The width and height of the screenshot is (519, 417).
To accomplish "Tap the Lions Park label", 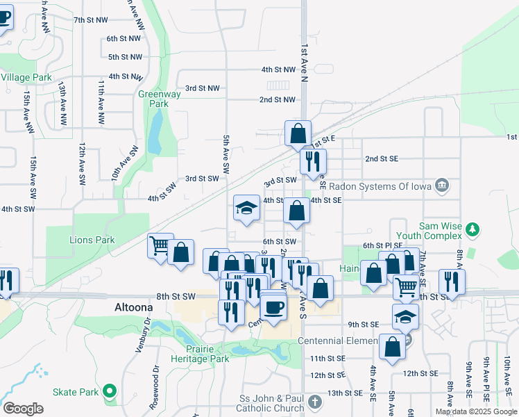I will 92,240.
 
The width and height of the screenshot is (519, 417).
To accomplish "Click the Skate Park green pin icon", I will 109,392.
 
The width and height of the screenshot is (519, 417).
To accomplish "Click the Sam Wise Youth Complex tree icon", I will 472,229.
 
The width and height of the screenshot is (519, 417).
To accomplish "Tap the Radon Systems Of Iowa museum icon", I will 441,186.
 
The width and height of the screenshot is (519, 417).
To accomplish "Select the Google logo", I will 23,408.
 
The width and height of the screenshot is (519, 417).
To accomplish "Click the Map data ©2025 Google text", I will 476,411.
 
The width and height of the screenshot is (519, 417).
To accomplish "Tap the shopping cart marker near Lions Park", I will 160,245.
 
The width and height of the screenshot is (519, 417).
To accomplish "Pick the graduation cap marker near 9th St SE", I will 405,316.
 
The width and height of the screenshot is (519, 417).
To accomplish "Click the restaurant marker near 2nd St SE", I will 313,161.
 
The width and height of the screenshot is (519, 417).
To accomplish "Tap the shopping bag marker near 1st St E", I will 298,133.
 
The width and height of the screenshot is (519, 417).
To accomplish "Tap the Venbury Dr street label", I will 139,336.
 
